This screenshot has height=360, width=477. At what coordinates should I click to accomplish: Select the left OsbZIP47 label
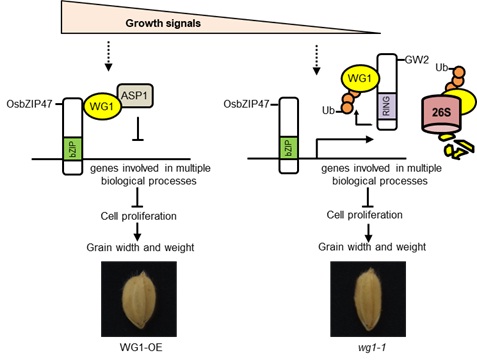[x=31, y=103]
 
